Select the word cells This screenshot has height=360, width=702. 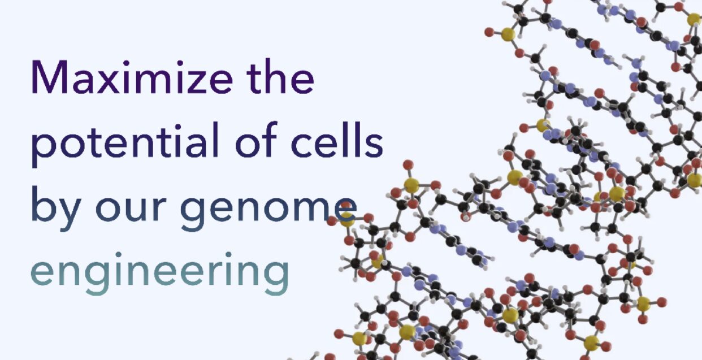click(x=337, y=139)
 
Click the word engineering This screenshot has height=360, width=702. click(x=160, y=273)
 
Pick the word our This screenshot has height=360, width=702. click(x=131, y=209)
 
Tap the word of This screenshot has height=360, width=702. click(x=257, y=139)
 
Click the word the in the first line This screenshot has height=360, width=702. click(x=280, y=75)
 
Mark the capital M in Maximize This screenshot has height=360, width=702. click(x=50, y=77)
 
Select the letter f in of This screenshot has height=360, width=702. click(x=270, y=139)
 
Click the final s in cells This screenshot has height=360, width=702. click(x=374, y=145)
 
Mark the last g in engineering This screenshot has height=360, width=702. click(x=276, y=278)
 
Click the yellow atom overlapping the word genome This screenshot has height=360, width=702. click(x=347, y=219)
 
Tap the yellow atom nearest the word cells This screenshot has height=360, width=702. click(x=411, y=185)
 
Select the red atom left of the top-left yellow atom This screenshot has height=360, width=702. click(x=489, y=32)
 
